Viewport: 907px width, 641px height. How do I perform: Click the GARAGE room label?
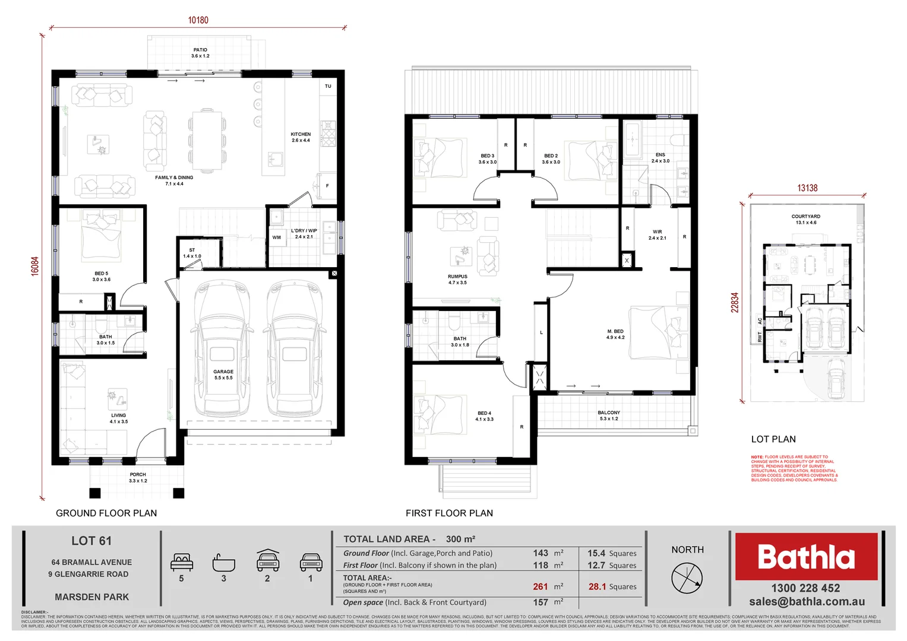223,372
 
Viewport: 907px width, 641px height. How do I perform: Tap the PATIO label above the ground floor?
200,50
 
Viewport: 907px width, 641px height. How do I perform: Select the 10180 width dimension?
198,20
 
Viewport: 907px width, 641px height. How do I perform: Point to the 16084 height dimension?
35,265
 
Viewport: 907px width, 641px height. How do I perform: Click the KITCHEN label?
301,135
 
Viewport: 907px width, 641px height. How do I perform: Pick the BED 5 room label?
101,274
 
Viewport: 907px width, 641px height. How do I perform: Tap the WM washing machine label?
276,237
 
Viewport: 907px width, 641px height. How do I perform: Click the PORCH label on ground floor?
138,475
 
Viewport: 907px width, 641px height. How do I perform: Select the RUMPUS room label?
457,277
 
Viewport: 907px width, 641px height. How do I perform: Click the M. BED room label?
615,331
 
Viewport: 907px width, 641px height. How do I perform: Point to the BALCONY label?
609,412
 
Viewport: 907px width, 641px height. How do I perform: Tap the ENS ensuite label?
661,155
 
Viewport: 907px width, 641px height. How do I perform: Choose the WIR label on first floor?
657,232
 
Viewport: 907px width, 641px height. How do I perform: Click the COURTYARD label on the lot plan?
805,217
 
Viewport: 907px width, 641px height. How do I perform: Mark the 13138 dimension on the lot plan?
807,188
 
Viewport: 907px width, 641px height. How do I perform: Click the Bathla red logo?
806,557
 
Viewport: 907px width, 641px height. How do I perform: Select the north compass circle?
687,577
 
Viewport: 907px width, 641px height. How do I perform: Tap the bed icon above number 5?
182,561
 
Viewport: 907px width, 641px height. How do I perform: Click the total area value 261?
540,586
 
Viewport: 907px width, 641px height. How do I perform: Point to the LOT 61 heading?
91,541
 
